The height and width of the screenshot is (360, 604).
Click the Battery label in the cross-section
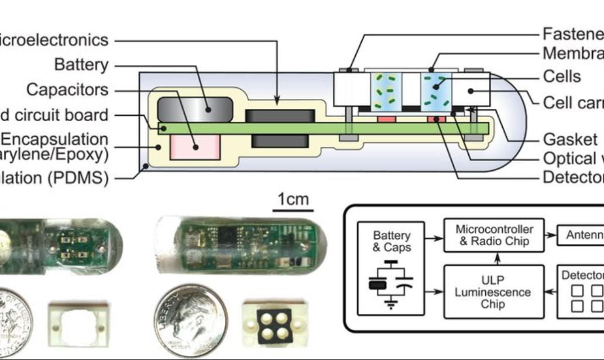pyautogui.click(x=81, y=64)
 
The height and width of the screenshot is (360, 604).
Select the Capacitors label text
pyautogui.click(x=67, y=90)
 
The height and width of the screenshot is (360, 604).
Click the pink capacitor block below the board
pyautogui.click(x=195, y=146)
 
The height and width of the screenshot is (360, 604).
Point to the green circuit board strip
pyautogui.click(x=322, y=128)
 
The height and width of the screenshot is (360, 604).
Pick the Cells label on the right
pyautogui.click(x=562, y=77)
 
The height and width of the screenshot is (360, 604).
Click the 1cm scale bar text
pyautogui.click(x=293, y=199)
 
